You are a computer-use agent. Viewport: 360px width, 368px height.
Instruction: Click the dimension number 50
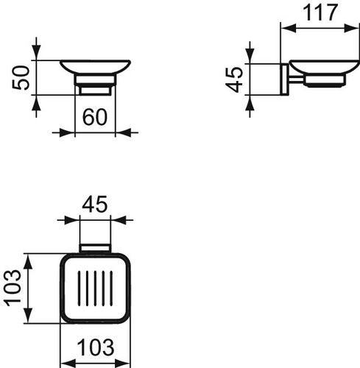(21, 78)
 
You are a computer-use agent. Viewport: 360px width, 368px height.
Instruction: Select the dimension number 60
(95, 117)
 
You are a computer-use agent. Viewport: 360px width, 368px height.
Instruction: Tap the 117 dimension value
(320, 13)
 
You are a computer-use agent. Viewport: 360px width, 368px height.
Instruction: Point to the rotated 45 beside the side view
(234, 79)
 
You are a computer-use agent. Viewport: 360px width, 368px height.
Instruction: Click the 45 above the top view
(94, 204)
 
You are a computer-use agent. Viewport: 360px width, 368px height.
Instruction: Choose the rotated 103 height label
(13, 288)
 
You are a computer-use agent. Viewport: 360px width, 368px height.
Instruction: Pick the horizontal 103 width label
(96, 347)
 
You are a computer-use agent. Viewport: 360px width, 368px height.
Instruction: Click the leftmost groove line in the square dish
(79, 289)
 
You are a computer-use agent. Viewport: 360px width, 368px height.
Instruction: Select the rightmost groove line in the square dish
(111, 289)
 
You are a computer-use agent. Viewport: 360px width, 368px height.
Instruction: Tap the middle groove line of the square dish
(95, 289)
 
